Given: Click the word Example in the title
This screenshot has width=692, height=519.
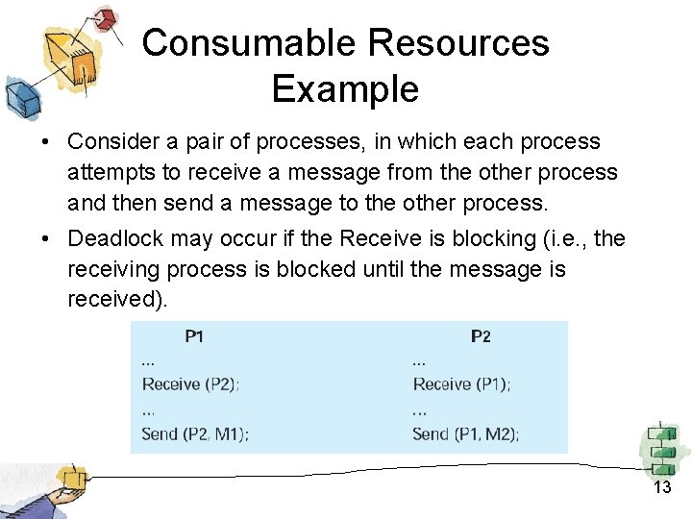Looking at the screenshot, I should pyautogui.click(x=345, y=89).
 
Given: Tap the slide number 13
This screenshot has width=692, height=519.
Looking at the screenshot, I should pyautogui.click(x=662, y=487).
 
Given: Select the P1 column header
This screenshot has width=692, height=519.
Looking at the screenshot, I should pyautogui.click(x=194, y=336).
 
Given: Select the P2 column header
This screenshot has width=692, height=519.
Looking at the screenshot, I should pyautogui.click(x=481, y=336).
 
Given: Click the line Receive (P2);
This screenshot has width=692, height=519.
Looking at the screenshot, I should pyautogui.click(x=191, y=383).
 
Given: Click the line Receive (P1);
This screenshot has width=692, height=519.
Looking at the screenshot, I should pyautogui.click(x=462, y=383).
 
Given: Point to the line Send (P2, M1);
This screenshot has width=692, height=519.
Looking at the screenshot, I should pyautogui.click(x=195, y=433).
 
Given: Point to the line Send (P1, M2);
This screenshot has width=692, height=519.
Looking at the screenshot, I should pyautogui.click(x=466, y=433).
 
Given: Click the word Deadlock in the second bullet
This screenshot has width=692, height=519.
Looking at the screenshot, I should pyautogui.click(x=113, y=238).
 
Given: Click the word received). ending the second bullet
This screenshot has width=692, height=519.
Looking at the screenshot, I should pyautogui.click(x=117, y=299).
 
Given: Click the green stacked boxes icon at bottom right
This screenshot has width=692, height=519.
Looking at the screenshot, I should pyautogui.click(x=662, y=448).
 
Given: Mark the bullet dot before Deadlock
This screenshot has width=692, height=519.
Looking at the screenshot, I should pyautogui.click(x=46, y=238).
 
